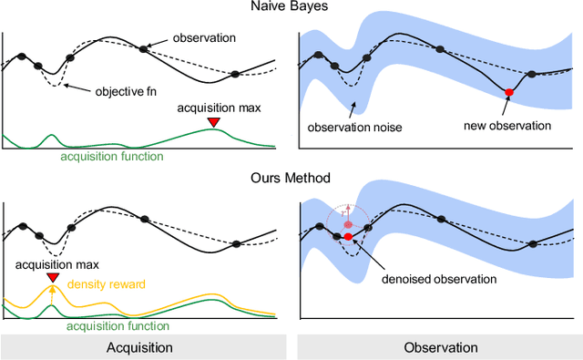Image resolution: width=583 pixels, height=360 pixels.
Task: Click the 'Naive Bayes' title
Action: tap(291, 9)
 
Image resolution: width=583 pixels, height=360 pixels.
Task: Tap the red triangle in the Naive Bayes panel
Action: tap(213, 122)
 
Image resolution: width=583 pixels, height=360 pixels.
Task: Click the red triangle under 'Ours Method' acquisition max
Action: tap(53, 277)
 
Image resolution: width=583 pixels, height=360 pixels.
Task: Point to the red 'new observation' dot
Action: tap(509, 92)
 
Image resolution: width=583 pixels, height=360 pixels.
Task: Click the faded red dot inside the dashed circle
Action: tap(348, 222)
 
